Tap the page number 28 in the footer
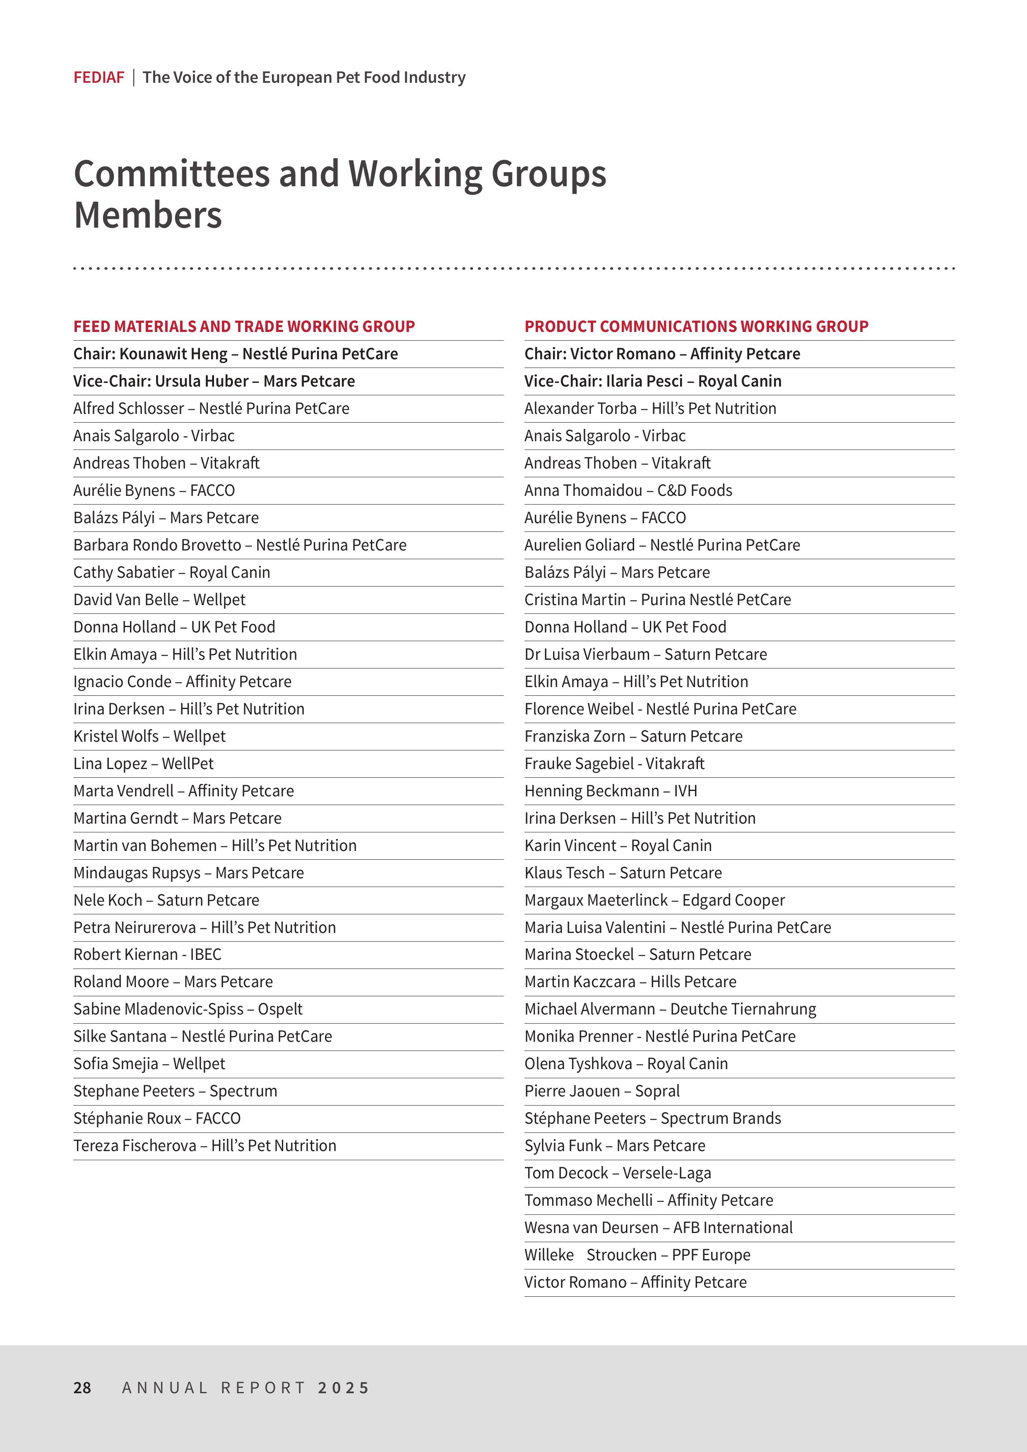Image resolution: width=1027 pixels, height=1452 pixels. click(x=82, y=1387)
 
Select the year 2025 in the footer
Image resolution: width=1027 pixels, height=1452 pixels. click(x=344, y=1387)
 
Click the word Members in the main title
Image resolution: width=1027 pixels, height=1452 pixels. click(x=148, y=215)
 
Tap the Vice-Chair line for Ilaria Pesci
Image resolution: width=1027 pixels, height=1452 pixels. click(x=653, y=381)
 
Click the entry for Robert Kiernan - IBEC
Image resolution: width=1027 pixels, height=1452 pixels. click(x=147, y=954)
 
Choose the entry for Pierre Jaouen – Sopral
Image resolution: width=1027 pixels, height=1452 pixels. click(x=601, y=1091)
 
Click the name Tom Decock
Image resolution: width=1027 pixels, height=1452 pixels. click(x=566, y=1173)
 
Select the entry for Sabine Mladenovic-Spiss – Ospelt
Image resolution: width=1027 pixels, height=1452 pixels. click(x=188, y=1009)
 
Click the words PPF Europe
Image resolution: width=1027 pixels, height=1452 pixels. click(x=711, y=1255)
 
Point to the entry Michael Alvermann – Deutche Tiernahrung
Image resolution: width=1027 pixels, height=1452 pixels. click(x=670, y=1009)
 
